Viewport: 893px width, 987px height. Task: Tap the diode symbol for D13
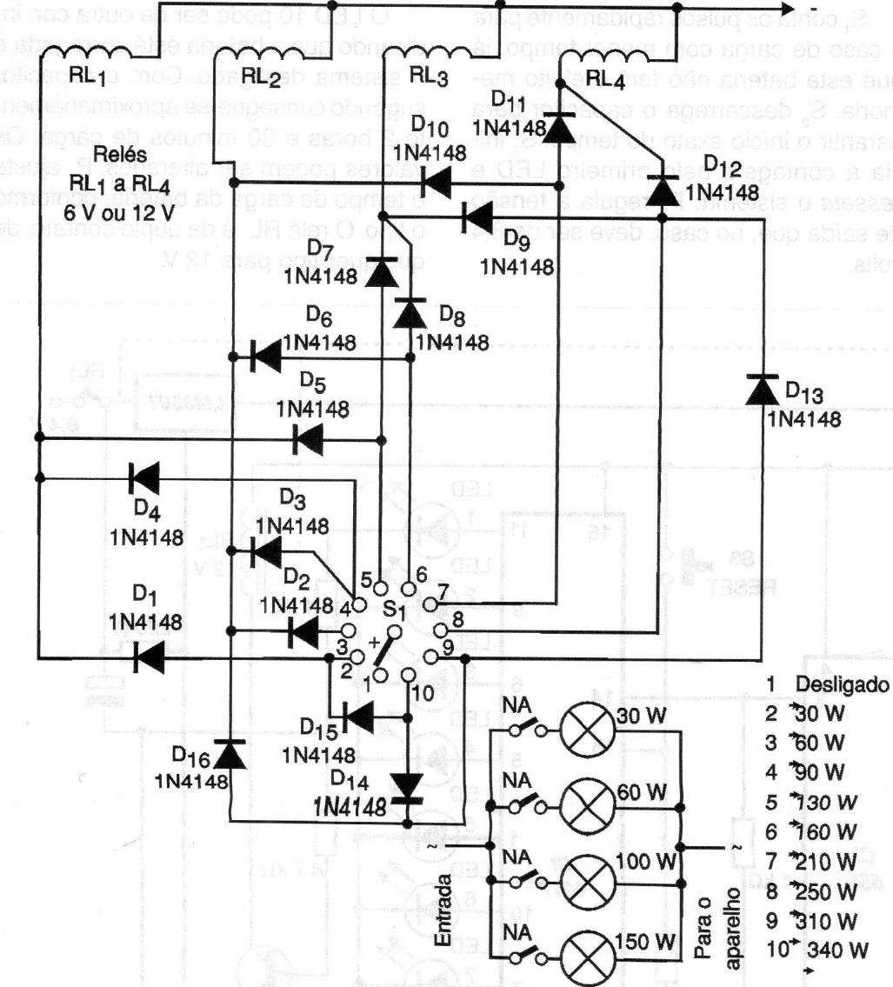(x=763, y=389)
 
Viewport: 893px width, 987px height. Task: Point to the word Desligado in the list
(x=843, y=682)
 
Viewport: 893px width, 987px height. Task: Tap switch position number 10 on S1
(x=423, y=692)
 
